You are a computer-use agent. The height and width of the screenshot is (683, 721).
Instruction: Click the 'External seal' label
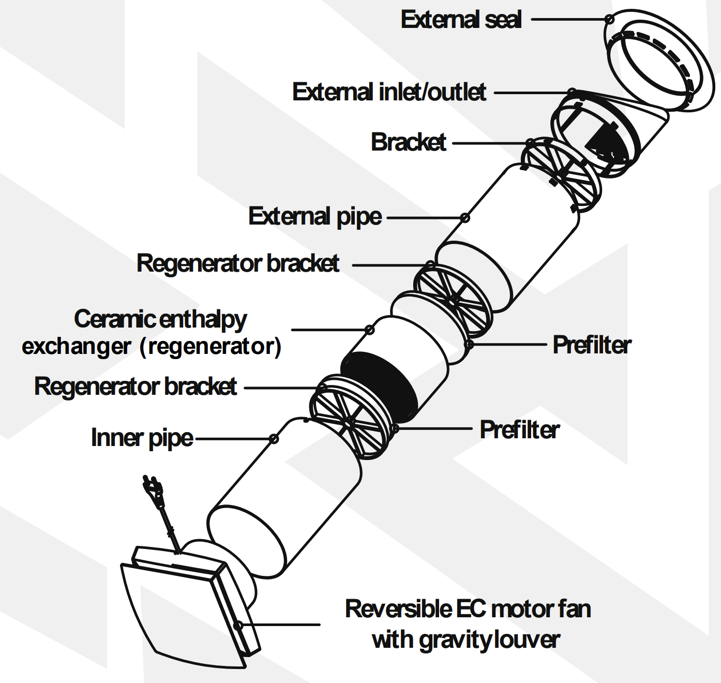(461, 20)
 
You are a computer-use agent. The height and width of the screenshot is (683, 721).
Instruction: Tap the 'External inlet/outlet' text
(389, 92)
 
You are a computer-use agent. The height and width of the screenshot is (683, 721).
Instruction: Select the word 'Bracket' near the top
(409, 142)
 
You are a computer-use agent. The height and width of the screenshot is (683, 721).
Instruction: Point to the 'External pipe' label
(315, 216)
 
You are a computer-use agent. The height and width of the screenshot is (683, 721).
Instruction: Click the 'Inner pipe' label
(142, 438)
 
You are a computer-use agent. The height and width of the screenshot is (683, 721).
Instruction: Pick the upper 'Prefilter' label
(592, 345)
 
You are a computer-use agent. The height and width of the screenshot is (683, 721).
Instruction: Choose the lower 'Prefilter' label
(519, 430)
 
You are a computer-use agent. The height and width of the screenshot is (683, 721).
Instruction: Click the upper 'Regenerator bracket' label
(238, 263)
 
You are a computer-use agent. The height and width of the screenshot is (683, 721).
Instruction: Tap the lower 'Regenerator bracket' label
(136, 387)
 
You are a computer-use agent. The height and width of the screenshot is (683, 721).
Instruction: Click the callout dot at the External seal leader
(609, 20)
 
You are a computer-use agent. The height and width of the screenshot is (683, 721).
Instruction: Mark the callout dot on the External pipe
(465, 218)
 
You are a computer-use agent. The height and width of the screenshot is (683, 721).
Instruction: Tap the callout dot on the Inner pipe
(274, 439)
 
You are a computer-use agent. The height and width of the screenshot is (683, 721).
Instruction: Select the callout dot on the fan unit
(237, 625)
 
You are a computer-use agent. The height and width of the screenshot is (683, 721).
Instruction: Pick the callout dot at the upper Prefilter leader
(469, 344)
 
